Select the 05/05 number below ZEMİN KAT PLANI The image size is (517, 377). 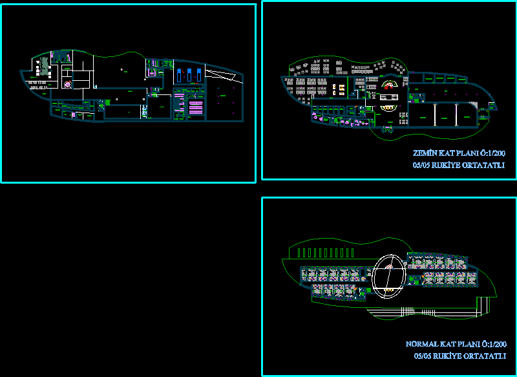tap(421, 166)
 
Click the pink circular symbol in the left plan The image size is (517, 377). tap(67, 84)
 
